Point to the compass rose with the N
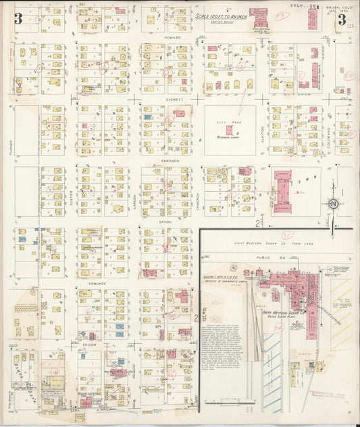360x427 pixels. click(332, 204)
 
